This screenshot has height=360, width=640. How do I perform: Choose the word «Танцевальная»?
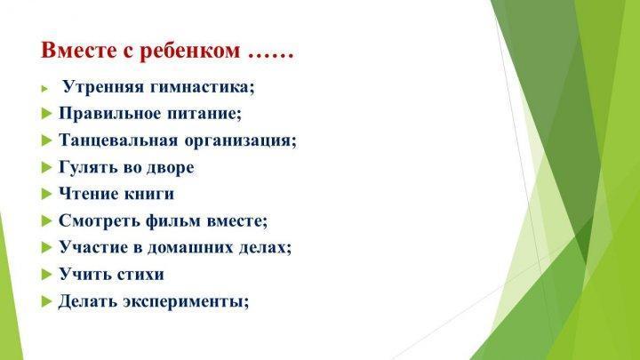pyautogui.click(x=118, y=140)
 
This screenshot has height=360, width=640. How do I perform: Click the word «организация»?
pyautogui.click(x=238, y=141)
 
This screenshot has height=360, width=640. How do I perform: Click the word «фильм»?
pyautogui.click(x=173, y=221)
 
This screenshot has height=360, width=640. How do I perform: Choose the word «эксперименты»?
pyautogui.click(x=183, y=302)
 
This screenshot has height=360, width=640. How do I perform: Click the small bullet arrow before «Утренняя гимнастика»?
pyautogui.click(x=44, y=88)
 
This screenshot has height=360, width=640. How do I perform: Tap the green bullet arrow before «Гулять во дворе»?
pyautogui.click(x=46, y=167)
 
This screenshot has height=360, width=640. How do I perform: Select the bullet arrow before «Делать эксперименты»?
pyautogui.click(x=46, y=301)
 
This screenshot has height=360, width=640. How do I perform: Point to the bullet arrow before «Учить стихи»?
pyautogui.click(x=46, y=275)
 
